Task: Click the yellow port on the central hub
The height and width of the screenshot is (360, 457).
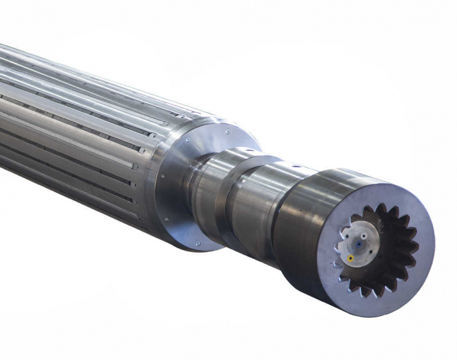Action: [x=350, y=258]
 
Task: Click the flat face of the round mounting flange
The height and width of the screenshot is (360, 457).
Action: [x=179, y=190]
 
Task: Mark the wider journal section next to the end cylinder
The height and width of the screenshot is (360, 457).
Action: [x=256, y=202]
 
